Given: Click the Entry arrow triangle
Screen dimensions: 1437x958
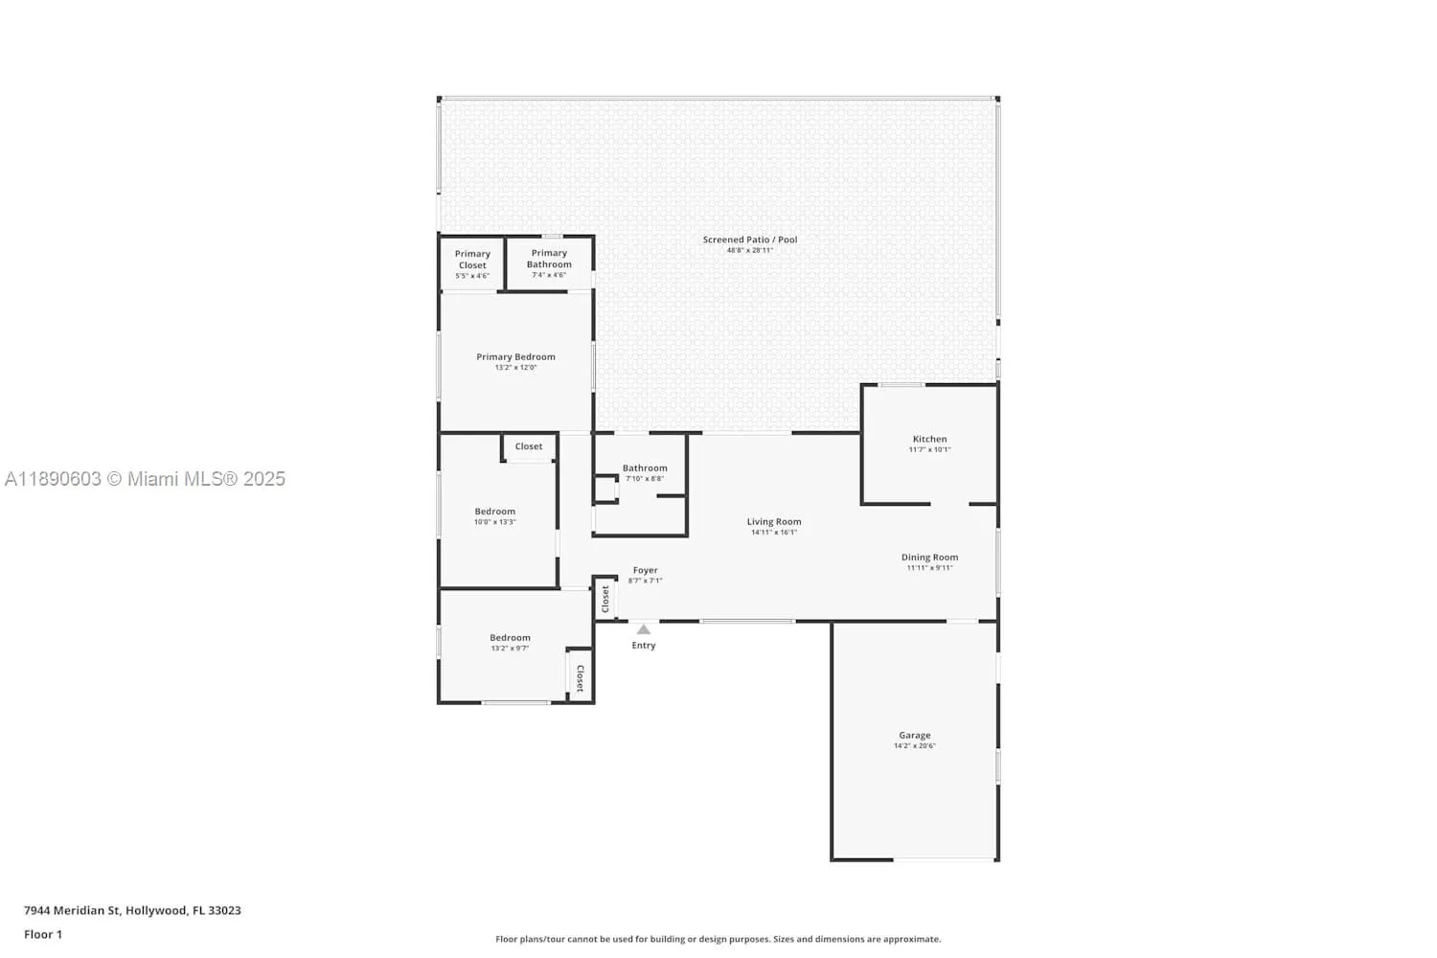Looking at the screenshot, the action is (x=644, y=629).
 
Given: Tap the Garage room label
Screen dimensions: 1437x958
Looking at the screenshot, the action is (x=915, y=736).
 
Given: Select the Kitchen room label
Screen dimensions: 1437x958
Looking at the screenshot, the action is (x=929, y=439).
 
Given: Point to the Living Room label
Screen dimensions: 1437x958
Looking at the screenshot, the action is (x=774, y=522).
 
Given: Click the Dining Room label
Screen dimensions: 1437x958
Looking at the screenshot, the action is (x=929, y=558).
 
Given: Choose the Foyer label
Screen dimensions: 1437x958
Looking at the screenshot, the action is (x=646, y=570).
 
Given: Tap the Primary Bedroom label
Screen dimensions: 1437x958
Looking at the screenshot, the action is (x=515, y=356).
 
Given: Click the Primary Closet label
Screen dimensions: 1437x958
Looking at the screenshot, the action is (x=473, y=260).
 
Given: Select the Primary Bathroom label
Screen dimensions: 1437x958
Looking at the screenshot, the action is (x=549, y=259).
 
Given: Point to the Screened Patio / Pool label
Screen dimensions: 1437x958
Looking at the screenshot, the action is (x=750, y=239).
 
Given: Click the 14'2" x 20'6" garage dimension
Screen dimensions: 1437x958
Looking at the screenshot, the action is (x=915, y=745).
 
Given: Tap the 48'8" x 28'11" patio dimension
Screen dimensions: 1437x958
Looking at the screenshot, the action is (x=750, y=250).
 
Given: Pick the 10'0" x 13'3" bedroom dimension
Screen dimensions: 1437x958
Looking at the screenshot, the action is (x=494, y=522).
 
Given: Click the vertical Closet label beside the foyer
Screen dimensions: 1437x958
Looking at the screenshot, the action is (x=604, y=599).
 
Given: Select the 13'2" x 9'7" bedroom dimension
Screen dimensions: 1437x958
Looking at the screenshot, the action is (x=510, y=648).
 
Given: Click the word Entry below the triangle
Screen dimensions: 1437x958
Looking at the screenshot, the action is (x=644, y=646).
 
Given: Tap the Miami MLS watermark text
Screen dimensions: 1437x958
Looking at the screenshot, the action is (x=145, y=479).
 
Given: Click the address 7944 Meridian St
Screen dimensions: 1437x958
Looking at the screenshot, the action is (x=73, y=910).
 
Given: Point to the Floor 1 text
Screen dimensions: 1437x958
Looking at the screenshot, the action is (x=43, y=934).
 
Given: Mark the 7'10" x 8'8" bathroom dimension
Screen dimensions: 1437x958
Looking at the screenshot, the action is (x=645, y=479).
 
